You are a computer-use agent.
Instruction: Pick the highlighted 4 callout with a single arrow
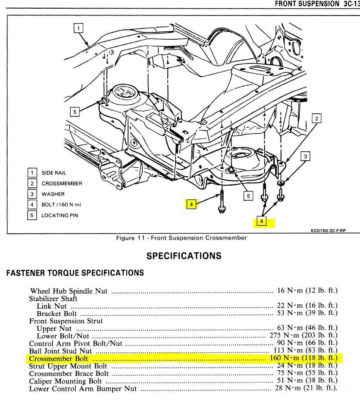pyautogui.click(x=191, y=204)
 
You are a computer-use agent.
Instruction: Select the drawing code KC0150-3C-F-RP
pyautogui.click(x=328, y=231)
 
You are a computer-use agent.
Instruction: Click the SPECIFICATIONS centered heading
pyautogui.click(x=184, y=256)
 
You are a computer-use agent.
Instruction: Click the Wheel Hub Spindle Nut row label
pyautogui.click(x=69, y=291)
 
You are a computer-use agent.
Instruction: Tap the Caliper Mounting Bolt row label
pyautogui.click(x=66, y=381)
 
